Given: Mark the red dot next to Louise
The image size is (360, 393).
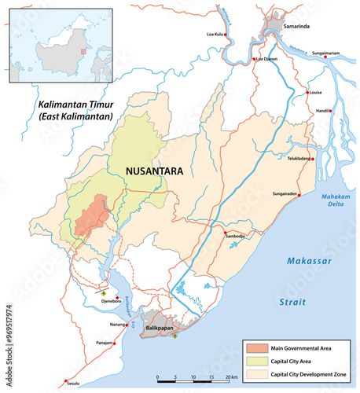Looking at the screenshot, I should (307, 92).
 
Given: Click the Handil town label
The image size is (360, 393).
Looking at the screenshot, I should (321, 111).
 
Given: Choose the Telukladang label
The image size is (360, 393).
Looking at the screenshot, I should (298, 158).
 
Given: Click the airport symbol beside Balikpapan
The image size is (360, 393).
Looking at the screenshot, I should (174, 336).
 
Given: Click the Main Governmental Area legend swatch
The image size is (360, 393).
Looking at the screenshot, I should (255, 347).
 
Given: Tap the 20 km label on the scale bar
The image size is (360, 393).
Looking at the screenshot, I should (233, 378).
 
